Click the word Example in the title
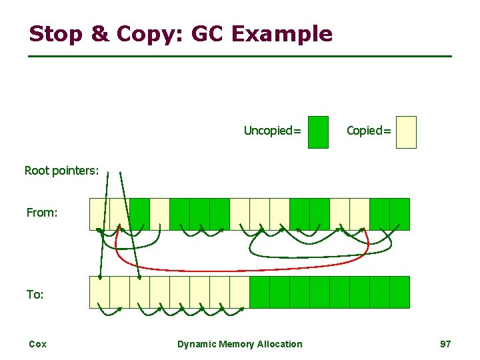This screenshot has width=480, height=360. (x=289, y=33)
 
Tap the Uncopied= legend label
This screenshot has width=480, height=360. (x=272, y=131)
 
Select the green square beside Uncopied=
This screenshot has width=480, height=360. (x=319, y=132)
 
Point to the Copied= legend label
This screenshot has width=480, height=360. (x=369, y=131)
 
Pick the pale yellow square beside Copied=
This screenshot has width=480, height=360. (x=405, y=132)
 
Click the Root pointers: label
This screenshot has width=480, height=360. (x=61, y=171)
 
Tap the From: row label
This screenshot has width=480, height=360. (x=42, y=213)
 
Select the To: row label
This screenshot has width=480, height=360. (x=35, y=294)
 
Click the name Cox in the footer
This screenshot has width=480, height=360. (x=37, y=344)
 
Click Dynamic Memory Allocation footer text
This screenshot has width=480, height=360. (x=239, y=344)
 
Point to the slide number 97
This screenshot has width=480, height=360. (x=445, y=344)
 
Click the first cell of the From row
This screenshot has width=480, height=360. (x=99, y=214)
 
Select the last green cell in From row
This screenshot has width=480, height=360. (x=399, y=214)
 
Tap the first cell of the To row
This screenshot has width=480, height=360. (x=99, y=292)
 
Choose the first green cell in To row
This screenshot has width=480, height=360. (x=259, y=292)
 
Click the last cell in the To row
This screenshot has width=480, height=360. (x=399, y=292)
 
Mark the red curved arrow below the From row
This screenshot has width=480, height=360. (x=240, y=269)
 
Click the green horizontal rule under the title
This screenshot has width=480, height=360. (x=240, y=56)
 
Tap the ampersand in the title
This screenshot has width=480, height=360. (x=99, y=33)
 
